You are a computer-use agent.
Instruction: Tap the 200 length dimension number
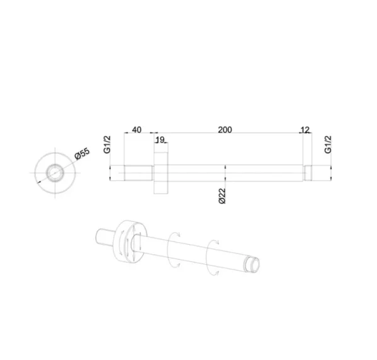pyautogui.click(x=225, y=130)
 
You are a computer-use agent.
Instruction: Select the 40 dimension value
pyautogui.click(x=136, y=130)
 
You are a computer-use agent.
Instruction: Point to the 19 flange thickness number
pyautogui.click(x=159, y=139)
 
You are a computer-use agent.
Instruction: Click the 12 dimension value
pyautogui.click(x=306, y=130)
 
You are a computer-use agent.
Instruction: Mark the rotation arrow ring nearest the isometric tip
pyautogui.click(x=215, y=255)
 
